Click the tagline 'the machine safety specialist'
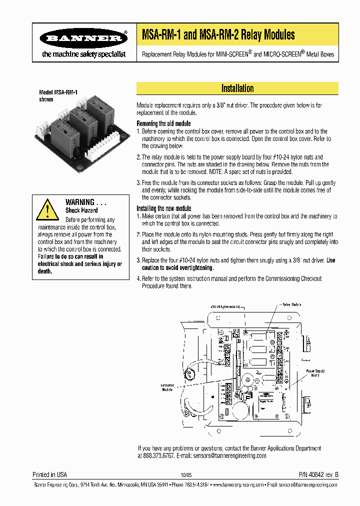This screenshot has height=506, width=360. pyautogui.click(x=84, y=54)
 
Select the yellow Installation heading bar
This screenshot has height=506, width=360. pyautogui.click(x=237, y=88)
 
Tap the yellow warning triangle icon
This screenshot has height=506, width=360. pyautogui.click(x=47, y=209)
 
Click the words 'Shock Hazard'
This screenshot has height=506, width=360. pyautogui.click(x=81, y=210)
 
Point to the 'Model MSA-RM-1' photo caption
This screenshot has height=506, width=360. pyautogui.click(x=58, y=92)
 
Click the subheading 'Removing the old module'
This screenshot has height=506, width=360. pyautogui.click(x=163, y=123)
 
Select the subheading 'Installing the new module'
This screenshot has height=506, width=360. pyautogui.click(x=164, y=208)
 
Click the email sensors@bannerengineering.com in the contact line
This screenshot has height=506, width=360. pyautogui.click(x=232, y=456)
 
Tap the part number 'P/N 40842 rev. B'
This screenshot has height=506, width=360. pyautogui.click(x=318, y=474)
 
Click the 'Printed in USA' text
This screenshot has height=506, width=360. pyautogui.click(x=49, y=474)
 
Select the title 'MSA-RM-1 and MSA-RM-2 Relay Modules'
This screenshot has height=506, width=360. pyautogui.click(x=218, y=35)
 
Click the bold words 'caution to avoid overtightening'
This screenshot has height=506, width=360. pyautogui.click(x=175, y=267)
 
